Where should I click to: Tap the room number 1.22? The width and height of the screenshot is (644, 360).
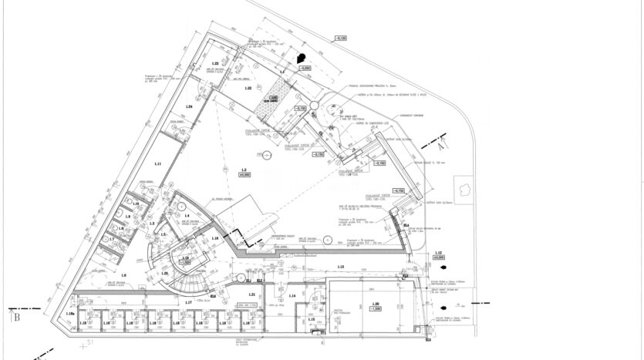(248, 89)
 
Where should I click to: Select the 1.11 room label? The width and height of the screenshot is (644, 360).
(157, 164)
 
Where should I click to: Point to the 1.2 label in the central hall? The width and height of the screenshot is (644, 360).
(244, 170)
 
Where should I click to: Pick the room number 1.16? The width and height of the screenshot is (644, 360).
(215, 239)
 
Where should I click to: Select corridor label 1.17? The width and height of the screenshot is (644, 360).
(188, 302)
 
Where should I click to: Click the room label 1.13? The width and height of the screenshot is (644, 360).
(340, 266)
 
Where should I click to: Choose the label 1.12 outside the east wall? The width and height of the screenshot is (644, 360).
(438, 253)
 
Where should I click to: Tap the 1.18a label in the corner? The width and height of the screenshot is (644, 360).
(70, 314)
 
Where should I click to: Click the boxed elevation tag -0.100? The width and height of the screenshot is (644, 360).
(340, 37)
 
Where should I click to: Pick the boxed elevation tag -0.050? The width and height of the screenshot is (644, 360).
(305, 69)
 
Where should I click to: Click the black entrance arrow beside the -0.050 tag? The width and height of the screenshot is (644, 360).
(303, 56)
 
